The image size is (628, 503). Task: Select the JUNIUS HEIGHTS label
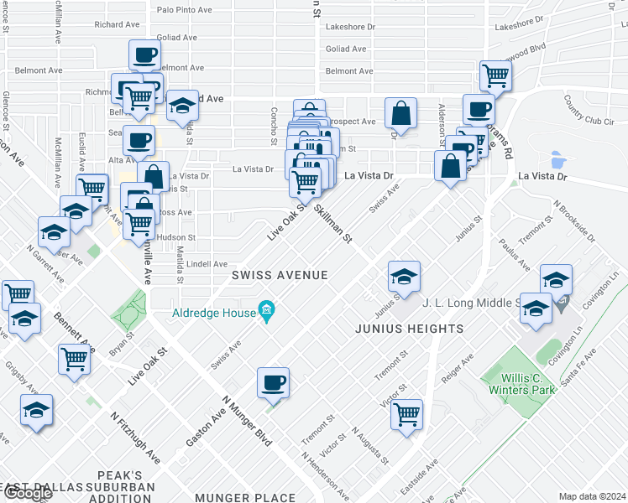pyautogui.click(x=409, y=329)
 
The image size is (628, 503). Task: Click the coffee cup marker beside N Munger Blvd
pyautogui.click(x=273, y=384)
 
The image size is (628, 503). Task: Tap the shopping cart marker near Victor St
pyautogui.click(x=406, y=413)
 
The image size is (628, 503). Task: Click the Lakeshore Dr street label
pyautogui.click(x=350, y=27)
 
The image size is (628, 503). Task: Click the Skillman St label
pyautogui.click(x=333, y=224)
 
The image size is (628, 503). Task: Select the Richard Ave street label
pyautogui.click(x=111, y=25)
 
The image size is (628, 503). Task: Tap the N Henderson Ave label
pyautogui.click(x=327, y=473)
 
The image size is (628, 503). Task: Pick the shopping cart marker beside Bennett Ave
pyautogui.click(x=75, y=358)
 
